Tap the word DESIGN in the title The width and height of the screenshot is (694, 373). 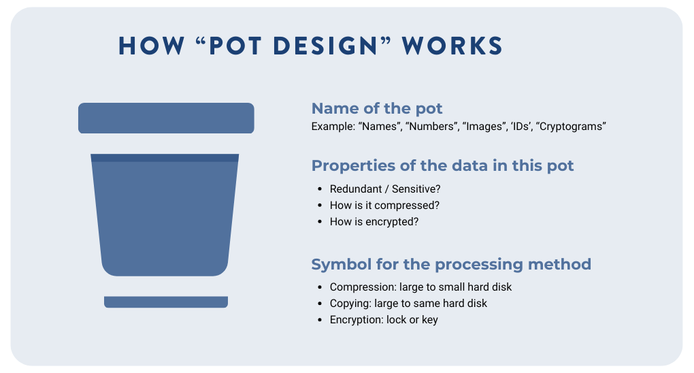(x=329, y=46)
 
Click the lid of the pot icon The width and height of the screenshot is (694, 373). (x=166, y=118)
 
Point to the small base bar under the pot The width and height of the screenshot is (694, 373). (x=166, y=302)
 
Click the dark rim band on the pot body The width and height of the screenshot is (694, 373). (x=165, y=158)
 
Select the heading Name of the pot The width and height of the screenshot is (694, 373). (x=377, y=108)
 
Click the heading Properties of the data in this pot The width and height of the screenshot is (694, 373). (x=442, y=165)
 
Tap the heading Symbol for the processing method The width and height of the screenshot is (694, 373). (x=451, y=264)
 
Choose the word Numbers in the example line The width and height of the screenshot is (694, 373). (x=431, y=127)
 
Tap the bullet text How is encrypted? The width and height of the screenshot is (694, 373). (x=374, y=221)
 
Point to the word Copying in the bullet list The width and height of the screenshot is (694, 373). (x=350, y=303)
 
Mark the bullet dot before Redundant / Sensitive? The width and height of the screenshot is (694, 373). (x=319, y=189)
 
